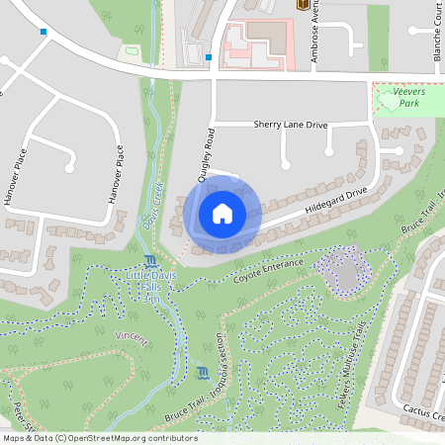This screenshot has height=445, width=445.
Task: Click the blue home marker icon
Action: point(222,214)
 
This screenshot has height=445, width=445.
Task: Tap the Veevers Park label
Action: point(408,97)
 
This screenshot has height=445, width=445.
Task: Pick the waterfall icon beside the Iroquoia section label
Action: point(203,373)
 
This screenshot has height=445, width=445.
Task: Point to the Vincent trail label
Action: point(132,338)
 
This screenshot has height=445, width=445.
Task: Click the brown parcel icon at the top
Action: point(302,5)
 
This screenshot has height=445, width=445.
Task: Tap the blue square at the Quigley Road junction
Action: point(209,57)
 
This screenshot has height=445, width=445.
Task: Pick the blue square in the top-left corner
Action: point(44,33)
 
